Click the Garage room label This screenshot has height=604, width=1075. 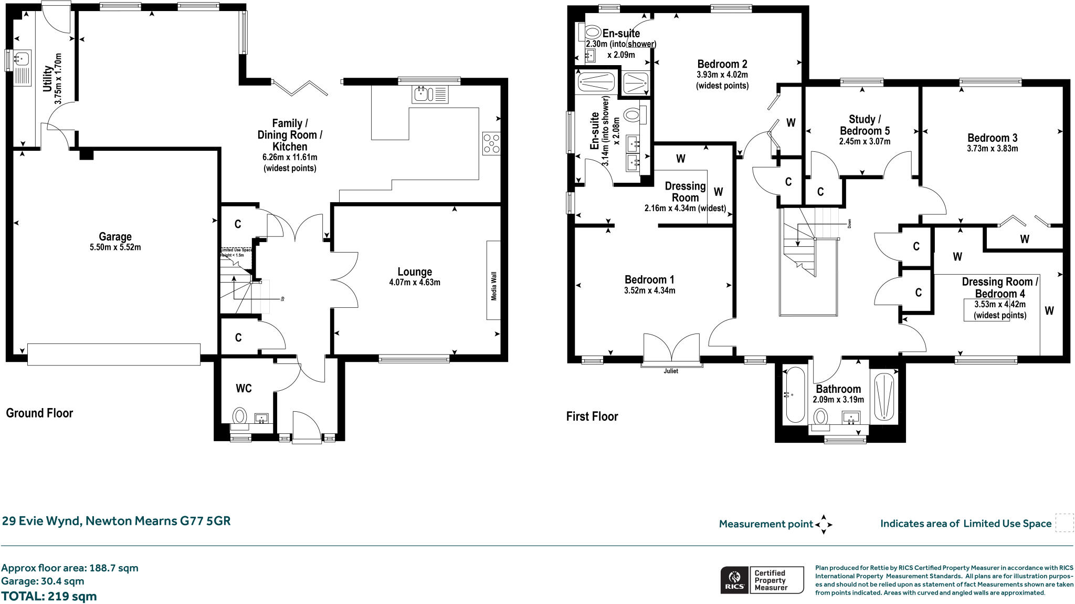tap(115, 237)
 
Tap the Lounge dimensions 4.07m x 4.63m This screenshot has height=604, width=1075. tap(414, 283)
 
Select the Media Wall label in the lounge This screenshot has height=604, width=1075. tap(493, 286)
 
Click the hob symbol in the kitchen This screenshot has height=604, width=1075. tap(491, 144)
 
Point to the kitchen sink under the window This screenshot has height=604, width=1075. tap(423, 95)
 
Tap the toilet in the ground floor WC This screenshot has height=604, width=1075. tap(240, 416)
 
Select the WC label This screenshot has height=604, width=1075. tap(244, 388)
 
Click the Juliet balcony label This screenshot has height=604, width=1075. tap(671, 371)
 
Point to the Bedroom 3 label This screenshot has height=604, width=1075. tap(992, 138)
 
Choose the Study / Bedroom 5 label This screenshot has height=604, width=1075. tap(865, 125)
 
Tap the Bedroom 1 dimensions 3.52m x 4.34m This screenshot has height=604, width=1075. tap(649, 290)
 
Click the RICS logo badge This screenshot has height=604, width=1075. tap(734, 580)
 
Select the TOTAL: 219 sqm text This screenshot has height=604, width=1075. tap(49, 596)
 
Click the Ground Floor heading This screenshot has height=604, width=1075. tap(39, 413)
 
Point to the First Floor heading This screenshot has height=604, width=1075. tap(592, 416)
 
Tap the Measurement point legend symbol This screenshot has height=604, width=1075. tap(824, 524)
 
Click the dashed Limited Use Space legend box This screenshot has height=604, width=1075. tap(1064, 523)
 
